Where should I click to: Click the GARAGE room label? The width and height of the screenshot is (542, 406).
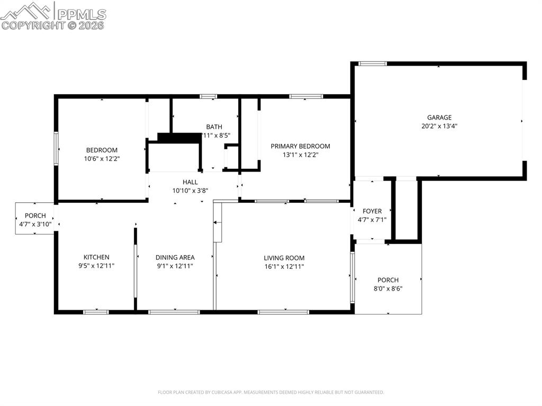(439, 118)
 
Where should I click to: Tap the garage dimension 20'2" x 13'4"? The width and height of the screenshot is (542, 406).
(439, 127)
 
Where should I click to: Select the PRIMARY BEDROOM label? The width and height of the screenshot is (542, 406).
(300, 146)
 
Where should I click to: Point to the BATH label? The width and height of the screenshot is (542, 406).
(214, 127)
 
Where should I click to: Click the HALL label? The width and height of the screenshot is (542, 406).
(190, 182)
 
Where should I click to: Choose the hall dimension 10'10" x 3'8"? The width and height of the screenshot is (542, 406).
(190, 191)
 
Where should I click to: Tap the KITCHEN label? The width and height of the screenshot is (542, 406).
(96, 257)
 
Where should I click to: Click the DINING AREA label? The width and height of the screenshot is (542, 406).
(175, 257)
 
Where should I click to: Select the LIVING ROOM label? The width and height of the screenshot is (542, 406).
(284, 258)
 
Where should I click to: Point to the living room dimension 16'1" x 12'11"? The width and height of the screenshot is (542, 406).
(284, 266)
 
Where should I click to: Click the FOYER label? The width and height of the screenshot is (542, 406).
(372, 211)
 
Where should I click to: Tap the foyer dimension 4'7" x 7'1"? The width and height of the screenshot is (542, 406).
(372, 220)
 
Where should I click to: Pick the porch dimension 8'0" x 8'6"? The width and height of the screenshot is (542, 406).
(388, 288)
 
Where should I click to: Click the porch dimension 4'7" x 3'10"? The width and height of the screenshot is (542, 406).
(35, 224)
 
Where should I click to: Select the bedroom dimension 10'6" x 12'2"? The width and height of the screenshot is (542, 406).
(102, 158)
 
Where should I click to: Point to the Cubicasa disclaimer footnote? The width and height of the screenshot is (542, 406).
(270, 392)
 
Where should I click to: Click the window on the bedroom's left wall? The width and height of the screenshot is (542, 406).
(56, 149)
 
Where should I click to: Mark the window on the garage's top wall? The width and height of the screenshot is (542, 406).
(373, 64)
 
